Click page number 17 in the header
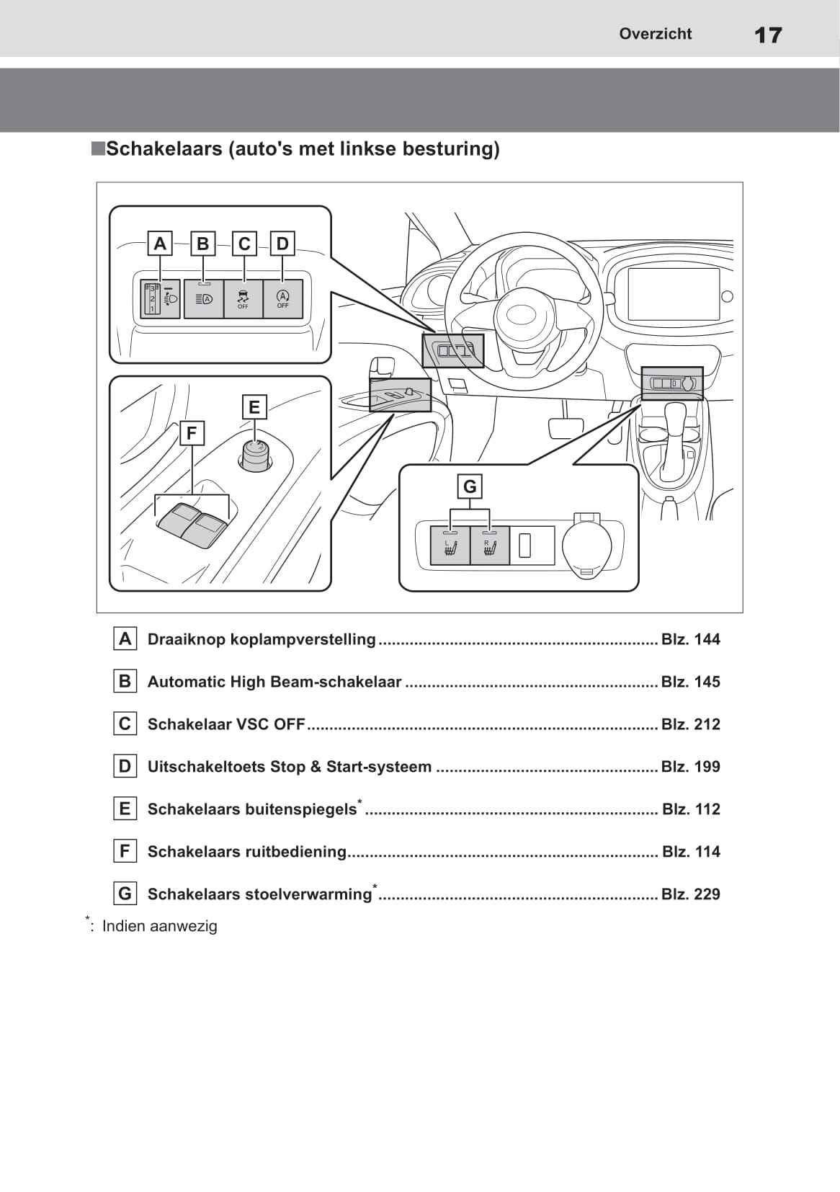768,35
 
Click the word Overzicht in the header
655,34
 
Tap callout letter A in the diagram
160,244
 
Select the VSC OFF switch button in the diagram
243,298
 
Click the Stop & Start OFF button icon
282,298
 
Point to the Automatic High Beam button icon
204,298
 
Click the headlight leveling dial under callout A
152,298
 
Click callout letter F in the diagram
191,433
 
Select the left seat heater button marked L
450,546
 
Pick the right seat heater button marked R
490,546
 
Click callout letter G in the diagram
470,486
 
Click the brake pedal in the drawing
566,427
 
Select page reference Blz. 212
690,724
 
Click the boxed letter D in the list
125,766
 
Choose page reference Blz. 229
690,894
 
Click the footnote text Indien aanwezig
159,926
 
